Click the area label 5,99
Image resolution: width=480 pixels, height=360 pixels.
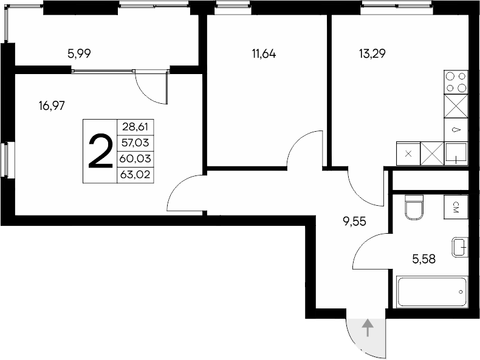click(80, 53)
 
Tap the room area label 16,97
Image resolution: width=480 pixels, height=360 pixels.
click(52, 106)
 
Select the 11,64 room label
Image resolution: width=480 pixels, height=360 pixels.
click(264, 53)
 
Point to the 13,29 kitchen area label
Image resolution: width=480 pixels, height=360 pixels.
click(372, 53)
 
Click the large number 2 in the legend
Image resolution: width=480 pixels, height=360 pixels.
click(100, 151)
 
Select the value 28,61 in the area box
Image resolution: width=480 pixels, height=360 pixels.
click(134, 128)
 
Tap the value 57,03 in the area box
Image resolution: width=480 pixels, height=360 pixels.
click(134, 143)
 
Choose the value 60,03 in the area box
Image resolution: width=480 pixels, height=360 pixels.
click(134, 159)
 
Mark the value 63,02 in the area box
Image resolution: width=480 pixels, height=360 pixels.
click(134, 175)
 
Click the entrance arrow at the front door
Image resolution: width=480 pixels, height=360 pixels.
click(367, 328)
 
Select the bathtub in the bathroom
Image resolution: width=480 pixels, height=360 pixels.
click(433, 292)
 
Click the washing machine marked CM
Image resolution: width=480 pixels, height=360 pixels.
click(456, 206)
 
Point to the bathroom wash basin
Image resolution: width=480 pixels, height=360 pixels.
click(460, 248)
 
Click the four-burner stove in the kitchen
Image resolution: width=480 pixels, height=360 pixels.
click(456, 82)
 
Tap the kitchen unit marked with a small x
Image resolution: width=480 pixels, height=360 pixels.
click(408, 153)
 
